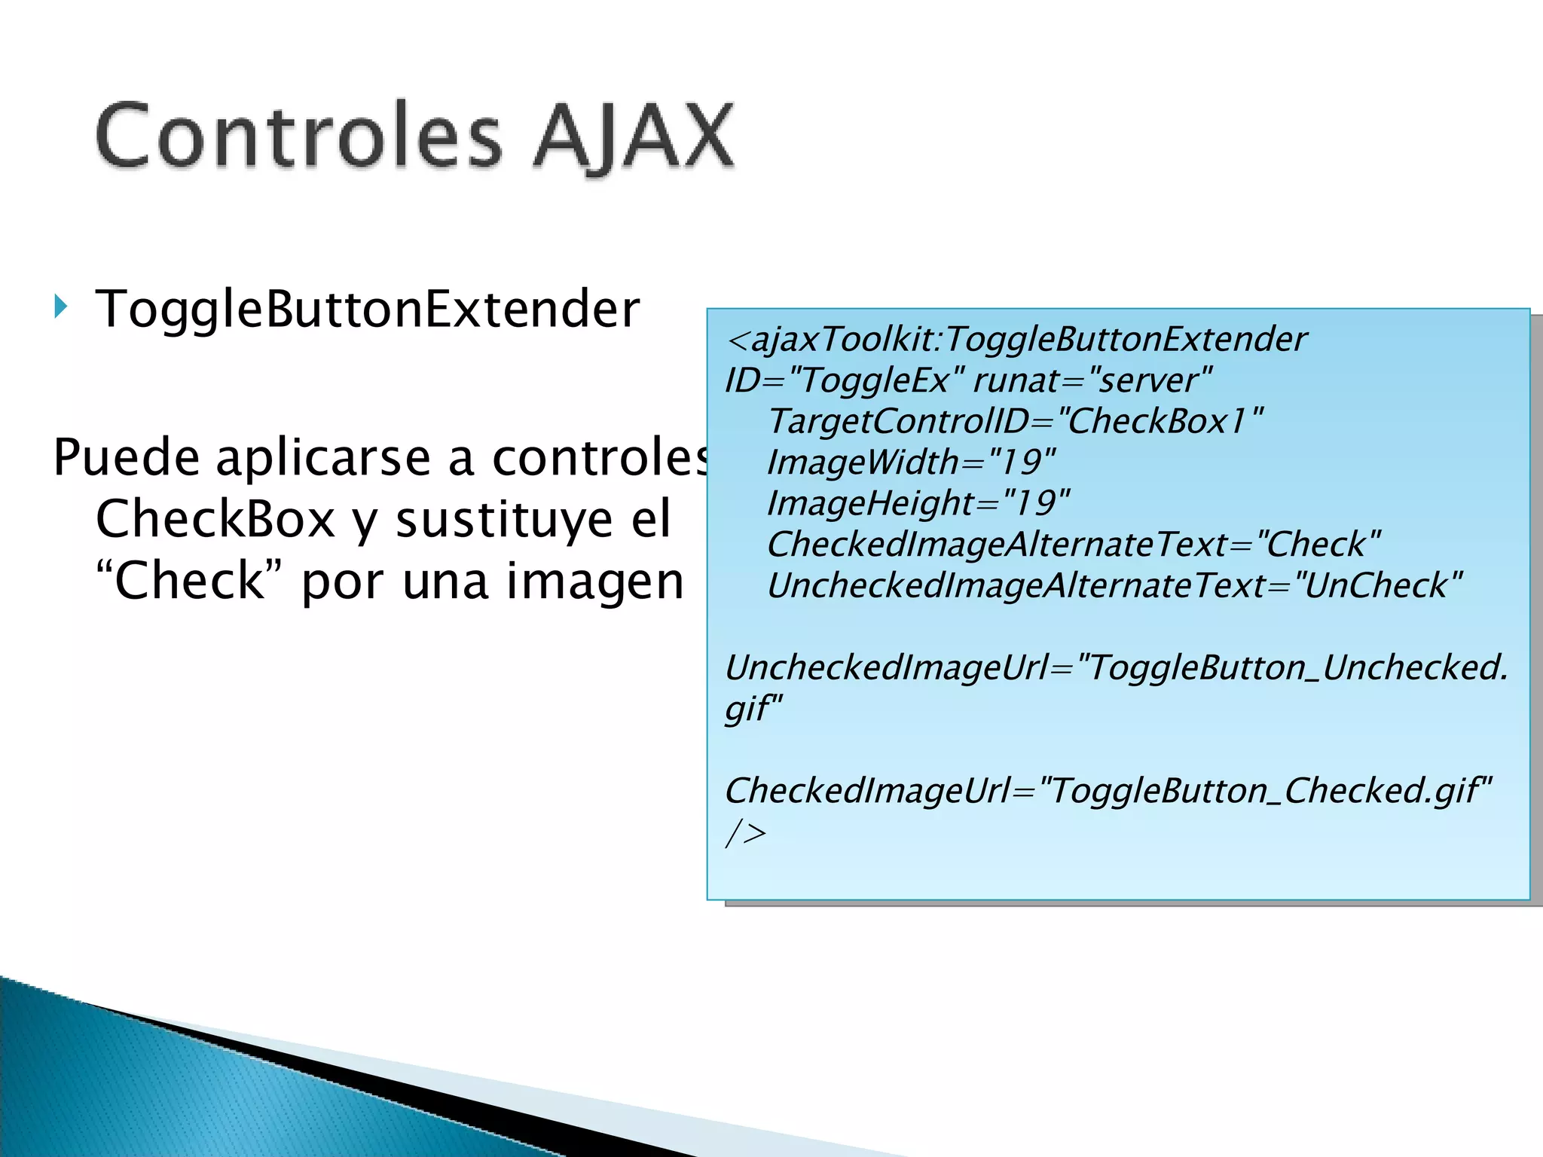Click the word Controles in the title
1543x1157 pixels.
point(298,136)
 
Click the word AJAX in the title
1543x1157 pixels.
point(633,136)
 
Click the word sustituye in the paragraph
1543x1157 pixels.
point(504,520)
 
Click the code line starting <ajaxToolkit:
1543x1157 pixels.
point(1016,339)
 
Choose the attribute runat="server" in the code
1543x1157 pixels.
point(1092,380)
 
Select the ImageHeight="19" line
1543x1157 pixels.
point(918,503)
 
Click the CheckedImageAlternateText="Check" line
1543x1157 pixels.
point(1074,545)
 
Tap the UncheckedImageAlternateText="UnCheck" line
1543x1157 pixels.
point(1114,585)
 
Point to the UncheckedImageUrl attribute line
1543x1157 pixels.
point(1116,667)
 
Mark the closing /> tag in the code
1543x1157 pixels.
point(745,832)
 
